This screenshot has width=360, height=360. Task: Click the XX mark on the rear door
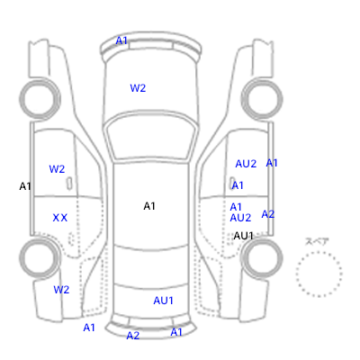60,218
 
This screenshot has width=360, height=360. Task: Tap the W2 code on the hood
138,88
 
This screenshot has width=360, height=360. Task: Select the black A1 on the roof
149,206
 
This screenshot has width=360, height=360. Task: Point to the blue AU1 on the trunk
163,301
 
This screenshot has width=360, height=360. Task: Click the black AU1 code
244,236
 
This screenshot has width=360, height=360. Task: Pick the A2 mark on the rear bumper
133,336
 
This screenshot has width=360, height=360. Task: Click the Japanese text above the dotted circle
317,242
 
